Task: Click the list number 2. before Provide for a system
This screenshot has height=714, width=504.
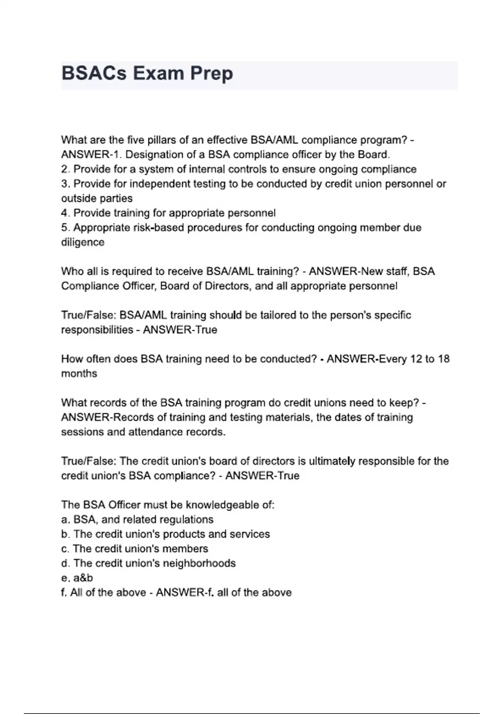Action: pos(66,169)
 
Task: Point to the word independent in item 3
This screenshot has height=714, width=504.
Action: pos(161,184)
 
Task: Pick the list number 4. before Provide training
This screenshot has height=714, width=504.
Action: pos(66,213)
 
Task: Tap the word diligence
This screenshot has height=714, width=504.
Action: pos(83,242)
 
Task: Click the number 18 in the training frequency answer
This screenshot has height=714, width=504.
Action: pos(444,359)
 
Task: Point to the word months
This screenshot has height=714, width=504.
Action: pos(79,373)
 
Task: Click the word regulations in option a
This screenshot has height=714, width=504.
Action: pos(185,520)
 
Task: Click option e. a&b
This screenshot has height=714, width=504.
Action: pos(77,578)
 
